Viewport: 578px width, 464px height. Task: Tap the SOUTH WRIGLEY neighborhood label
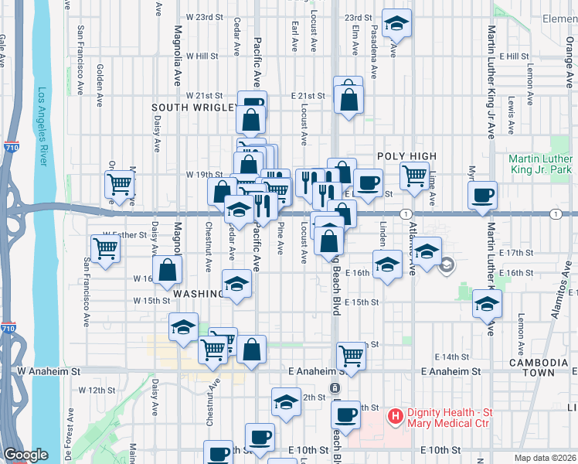click(x=192, y=107)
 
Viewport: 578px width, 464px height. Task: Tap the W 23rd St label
click(x=205, y=16)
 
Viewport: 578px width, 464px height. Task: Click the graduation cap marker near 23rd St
click(x=396, y=24)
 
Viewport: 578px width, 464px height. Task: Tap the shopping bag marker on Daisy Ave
click(x=168, y=271)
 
